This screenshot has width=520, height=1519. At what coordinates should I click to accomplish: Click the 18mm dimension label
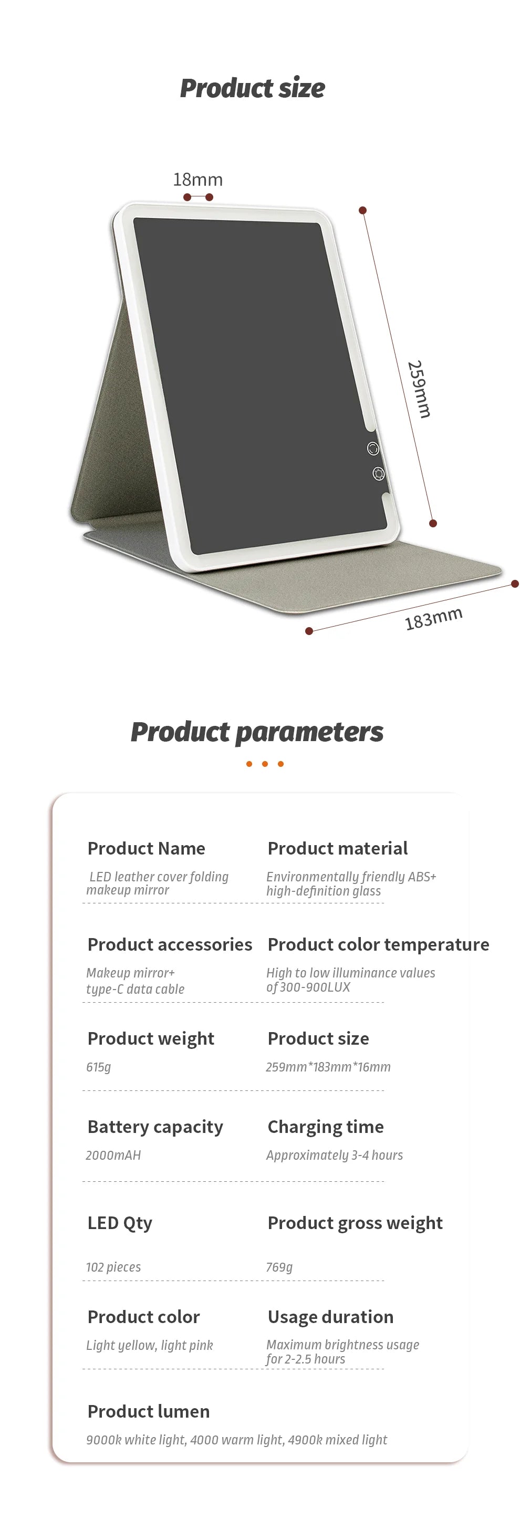(197, 179)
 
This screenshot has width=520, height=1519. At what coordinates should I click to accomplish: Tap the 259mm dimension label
(419, 389)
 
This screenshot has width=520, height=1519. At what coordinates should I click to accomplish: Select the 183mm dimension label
(433, 618)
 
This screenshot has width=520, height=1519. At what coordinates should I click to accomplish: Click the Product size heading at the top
(252, 88)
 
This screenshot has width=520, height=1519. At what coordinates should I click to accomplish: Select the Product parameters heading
(256, 732)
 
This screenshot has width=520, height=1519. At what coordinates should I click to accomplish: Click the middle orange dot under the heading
(265, 764)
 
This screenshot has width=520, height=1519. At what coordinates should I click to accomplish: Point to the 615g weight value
(98, 1067)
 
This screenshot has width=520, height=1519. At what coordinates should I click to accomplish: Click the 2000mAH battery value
(113, 1155)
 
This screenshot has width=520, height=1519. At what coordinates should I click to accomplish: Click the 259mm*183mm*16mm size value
(328, 1067)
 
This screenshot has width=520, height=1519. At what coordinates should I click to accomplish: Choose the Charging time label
(326, 1127)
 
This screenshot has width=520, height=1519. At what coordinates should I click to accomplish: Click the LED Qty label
(120, 1223)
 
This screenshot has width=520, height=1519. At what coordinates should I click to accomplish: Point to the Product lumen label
(149, 1411)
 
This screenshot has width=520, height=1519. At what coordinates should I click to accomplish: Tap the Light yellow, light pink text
(149, 1345)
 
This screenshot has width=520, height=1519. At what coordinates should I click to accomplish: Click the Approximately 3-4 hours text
(334, 1155)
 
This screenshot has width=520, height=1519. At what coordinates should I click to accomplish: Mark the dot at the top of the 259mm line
(362, 211)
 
